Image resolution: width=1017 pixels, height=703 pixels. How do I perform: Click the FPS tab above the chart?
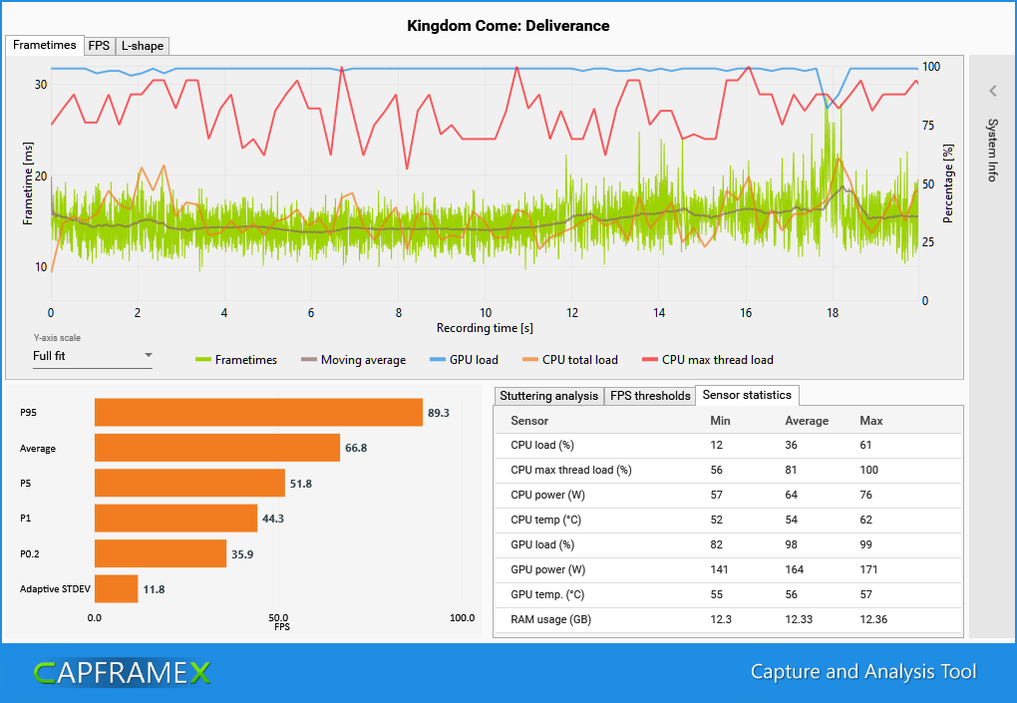99,46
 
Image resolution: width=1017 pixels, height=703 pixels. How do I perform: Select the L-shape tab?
142,46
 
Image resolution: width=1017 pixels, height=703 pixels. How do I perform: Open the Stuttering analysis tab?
548,396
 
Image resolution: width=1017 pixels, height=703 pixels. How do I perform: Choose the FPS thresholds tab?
649,396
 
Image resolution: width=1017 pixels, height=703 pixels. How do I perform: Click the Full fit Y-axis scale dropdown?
92,355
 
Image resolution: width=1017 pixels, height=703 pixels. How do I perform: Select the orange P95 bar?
258,413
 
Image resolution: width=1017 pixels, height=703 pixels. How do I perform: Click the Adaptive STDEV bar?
116,588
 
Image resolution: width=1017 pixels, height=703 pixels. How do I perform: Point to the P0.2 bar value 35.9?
243,553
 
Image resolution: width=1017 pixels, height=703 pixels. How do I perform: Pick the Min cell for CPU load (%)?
716,445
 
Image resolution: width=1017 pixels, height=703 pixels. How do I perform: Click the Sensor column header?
529,421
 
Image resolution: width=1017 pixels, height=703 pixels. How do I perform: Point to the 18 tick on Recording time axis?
833,313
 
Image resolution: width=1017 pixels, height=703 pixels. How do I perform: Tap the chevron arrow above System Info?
993,91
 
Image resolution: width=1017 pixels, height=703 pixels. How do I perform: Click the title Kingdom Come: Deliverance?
508,25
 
